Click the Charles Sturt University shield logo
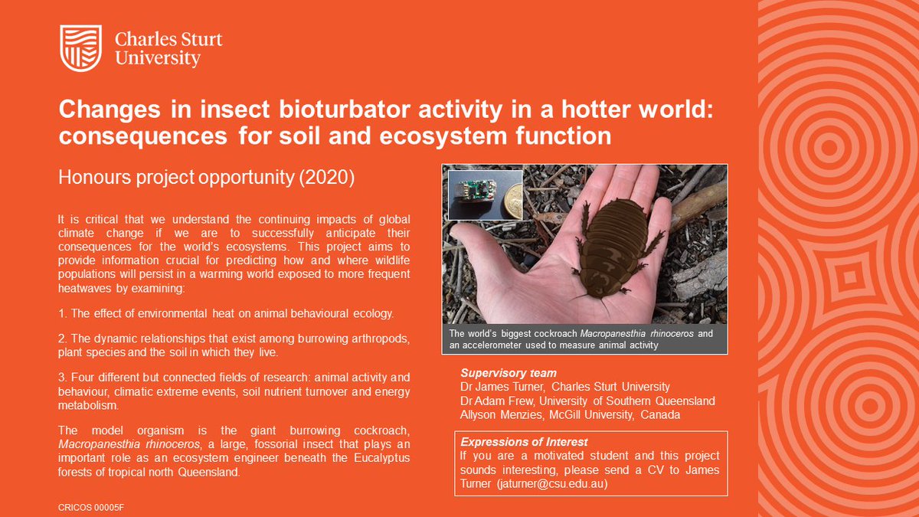[80, 46]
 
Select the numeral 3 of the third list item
[61, 377]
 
